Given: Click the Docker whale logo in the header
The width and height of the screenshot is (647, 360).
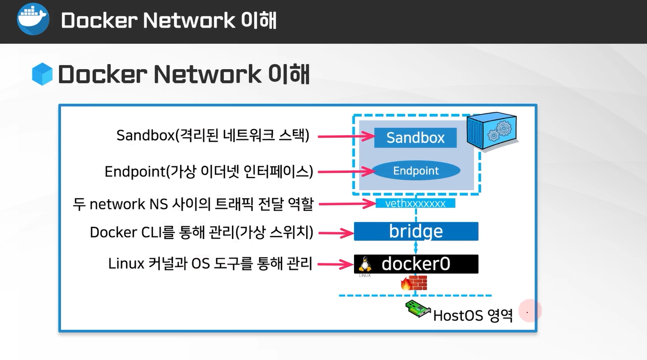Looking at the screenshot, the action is click(x=33, y=19).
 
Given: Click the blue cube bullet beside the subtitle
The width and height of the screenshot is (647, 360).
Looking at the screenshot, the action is click(x=42, y=74).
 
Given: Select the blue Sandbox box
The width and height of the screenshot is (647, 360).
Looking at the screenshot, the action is click(x=416, y=138).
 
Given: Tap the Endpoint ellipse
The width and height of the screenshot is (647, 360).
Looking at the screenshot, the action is click(x=416, y=171).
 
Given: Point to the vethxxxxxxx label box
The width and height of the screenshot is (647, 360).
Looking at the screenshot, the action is click(x=416, y=203).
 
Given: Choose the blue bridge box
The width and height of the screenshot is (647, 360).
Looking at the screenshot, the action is click(x=416, y=231).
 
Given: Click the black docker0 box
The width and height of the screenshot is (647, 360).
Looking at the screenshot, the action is click(x=416, y=264).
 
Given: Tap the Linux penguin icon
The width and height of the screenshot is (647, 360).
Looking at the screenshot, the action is click(x=365, y=264).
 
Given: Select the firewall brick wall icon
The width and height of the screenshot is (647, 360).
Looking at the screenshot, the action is click(x=414, y=283).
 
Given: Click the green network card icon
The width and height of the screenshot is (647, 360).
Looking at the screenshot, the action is click(x=418, y=309).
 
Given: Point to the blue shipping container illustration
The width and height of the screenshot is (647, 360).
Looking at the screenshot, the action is click(x=492, y=131).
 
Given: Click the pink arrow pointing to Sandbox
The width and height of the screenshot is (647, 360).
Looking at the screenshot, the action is click(x=346, y=136).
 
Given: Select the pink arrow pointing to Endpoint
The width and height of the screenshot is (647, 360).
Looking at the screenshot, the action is click(x=346, y=171).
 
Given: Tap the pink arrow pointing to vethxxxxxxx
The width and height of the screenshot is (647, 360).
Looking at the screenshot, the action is click(x=347, y=204).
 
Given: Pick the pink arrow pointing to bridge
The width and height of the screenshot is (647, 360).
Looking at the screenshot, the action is click(x=336, y=233).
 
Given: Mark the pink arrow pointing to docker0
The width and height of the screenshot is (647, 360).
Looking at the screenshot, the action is click(x=336, y=264).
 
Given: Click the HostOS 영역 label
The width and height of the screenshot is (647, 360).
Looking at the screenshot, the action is click(x=473, y=315).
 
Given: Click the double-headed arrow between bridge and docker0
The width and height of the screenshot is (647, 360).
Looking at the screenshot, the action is click(x=416, y=248).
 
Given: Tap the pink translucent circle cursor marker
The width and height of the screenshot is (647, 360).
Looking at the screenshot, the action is click(x=530, y=311).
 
